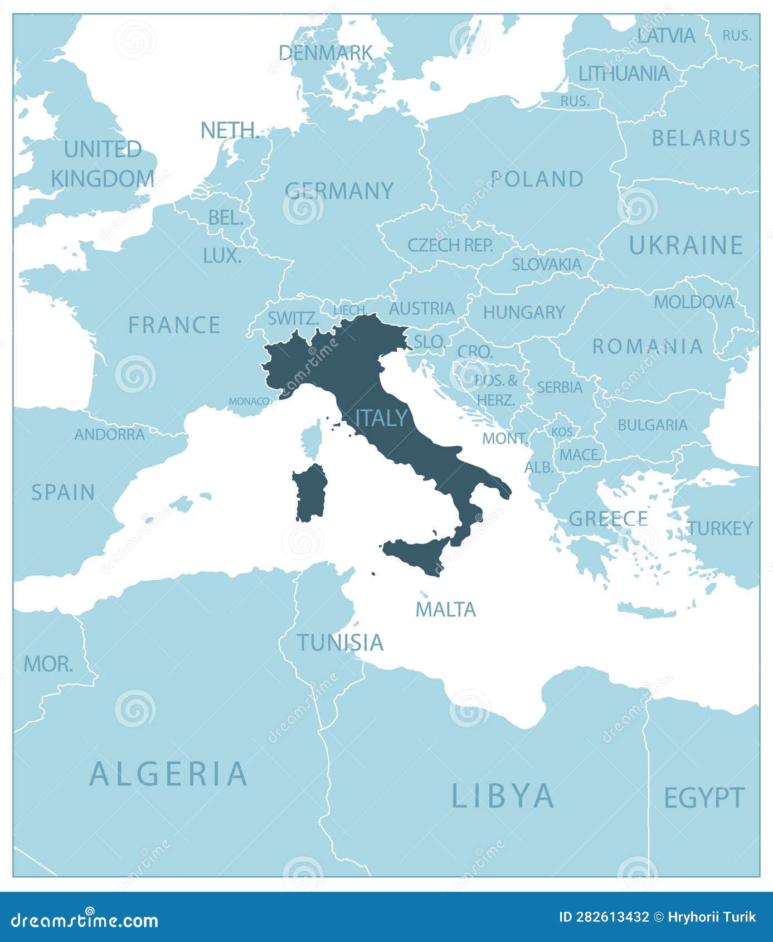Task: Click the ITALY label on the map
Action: pos(382,417)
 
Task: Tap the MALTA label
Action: pos(446,609)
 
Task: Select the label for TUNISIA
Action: pos(340,642)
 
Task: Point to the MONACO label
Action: pos(249,401)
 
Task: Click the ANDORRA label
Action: pos(110,434)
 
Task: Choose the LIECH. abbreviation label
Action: pos(349,310)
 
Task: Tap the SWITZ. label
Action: pos(293,318)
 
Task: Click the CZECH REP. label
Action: pos(450,245)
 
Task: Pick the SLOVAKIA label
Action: pos(546,264)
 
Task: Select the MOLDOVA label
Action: pos(694,302)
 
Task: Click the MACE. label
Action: pos(580,455)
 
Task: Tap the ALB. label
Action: pos(539,467)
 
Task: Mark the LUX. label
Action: pos(222,256)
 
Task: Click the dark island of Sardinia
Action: pos(310,493)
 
